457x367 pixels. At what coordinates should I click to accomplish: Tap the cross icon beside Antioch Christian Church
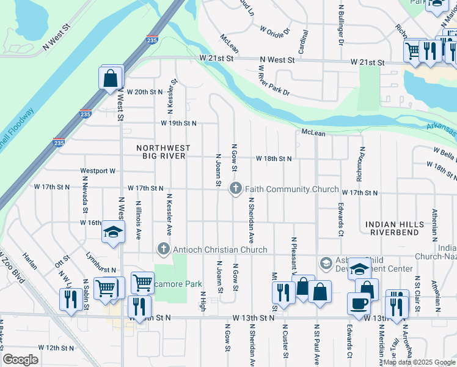[163, 249]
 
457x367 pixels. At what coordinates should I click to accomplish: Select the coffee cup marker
[359, 303]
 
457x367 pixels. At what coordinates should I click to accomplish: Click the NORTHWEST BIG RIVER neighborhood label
[163, 153]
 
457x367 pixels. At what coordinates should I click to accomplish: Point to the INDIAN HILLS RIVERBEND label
[394, 229]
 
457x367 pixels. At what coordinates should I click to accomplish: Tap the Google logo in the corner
[20, 360]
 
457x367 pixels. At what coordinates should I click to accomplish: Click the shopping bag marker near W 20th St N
[110, 79]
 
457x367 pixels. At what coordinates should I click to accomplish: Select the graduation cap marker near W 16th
[113, 232]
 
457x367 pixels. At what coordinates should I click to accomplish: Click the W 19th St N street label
[178, 123]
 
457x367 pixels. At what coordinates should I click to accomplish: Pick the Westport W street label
[98, 171]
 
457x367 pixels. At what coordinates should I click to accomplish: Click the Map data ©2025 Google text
[419, 362]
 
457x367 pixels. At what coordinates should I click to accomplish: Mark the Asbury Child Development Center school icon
[326, 264]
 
